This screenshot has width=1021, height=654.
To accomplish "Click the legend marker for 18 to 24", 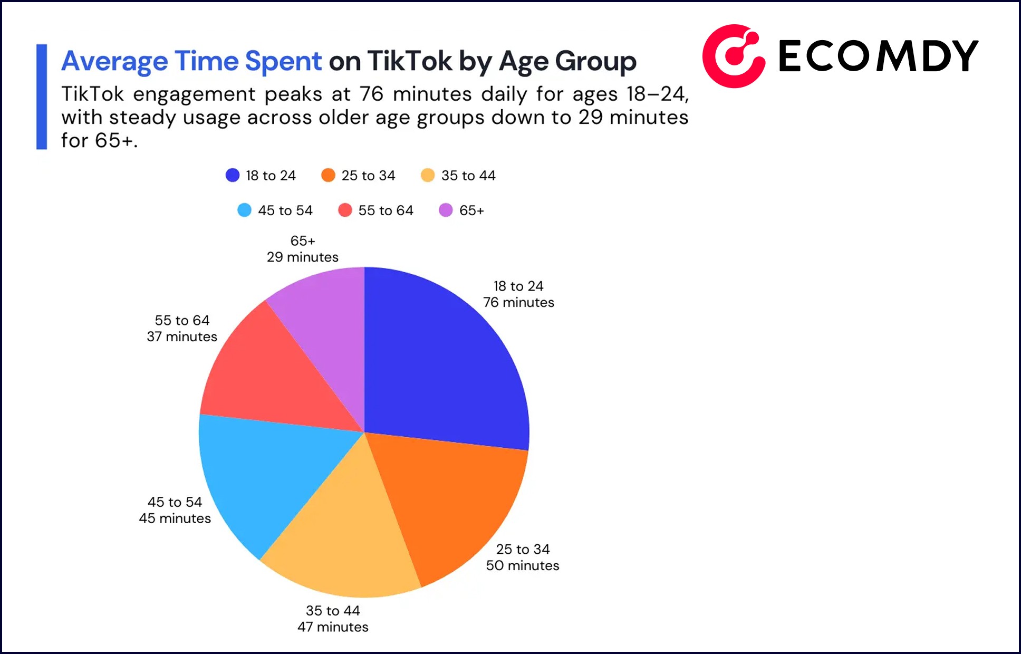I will pos(233,175).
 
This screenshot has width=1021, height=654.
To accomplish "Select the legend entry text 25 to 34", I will pos(368,176).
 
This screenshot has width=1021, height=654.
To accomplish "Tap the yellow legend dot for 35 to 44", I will pos(428,175).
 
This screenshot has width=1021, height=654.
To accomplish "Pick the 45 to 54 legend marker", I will pos(244,210).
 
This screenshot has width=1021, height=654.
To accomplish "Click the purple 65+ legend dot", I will pos(446,210).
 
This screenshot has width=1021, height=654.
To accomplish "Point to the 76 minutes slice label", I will pos(518,302).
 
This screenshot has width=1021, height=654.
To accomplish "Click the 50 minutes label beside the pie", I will pos(522,565).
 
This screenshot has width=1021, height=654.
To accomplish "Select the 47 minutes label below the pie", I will pos(333,627).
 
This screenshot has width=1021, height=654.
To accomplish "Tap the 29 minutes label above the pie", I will pos(302,257).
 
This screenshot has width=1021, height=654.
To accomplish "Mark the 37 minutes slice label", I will pos(182,336).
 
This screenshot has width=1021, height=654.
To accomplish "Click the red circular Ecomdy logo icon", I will pos(733,56).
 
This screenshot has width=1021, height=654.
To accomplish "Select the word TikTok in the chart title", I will pos(409,61).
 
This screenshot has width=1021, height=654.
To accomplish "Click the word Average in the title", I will pos(114,61).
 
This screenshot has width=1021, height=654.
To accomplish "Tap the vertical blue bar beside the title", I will pos(42,97).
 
